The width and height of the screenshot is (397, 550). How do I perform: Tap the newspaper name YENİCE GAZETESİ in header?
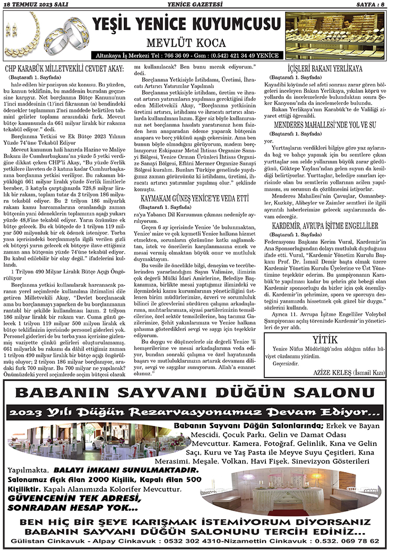[197, 5]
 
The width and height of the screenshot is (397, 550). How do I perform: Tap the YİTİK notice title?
[324, 339]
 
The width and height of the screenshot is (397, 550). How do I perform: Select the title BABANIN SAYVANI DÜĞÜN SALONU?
[197, 393]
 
